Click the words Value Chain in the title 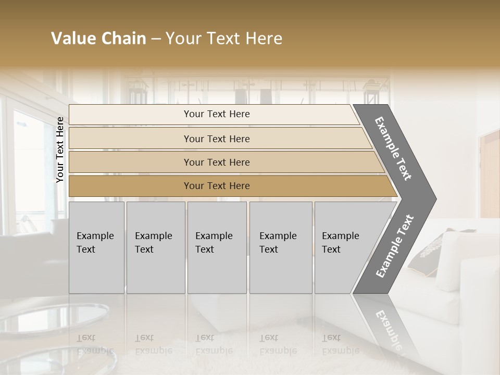[x=98, y=39]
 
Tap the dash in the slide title [x=156, y=39]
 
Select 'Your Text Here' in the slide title [x=224, y=39]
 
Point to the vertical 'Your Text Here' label [x=60, y=149]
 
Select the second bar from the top [x=217, y=139]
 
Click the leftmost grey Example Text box [x=96, y=247]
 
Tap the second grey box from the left [x=155, y=247]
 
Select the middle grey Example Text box [x=217, y=247]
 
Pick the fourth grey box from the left [x=280, y=247]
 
